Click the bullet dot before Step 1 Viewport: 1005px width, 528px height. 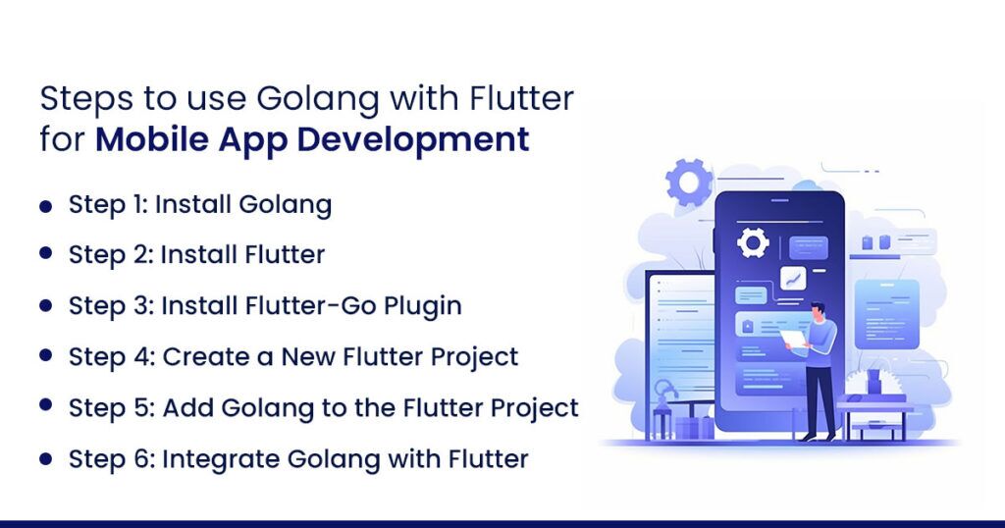click(x=45, y=206)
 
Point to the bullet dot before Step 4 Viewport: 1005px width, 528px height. click(x=45, y=355)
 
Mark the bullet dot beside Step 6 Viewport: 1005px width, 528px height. click(x=45, y=458)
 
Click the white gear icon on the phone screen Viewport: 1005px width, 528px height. click(x=753, y=242)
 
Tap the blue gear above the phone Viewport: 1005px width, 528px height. click(x=689, y=182)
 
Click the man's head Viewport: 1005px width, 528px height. click(x=818, y=313)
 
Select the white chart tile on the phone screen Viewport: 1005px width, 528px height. click(x=793, y=279)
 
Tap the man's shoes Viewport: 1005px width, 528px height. click(x=819, y=437)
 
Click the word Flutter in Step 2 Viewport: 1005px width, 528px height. click(x=285, y=254)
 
